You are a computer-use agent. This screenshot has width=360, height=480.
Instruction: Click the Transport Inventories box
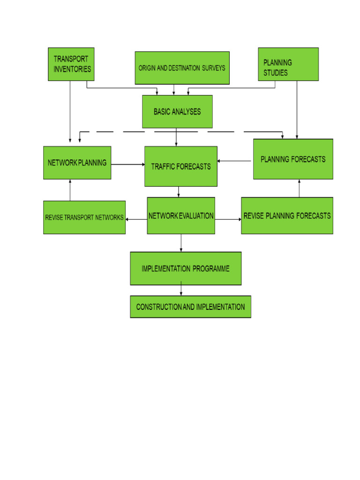[x=71, y=64]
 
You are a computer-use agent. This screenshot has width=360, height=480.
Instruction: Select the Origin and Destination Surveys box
[x=182, y=68]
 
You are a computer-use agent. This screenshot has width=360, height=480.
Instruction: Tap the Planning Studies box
[x=288, y=64]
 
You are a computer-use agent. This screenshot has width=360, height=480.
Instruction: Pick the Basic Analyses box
[x=177, y=112]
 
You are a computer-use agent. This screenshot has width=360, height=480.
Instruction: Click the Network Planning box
[x=77, y=163]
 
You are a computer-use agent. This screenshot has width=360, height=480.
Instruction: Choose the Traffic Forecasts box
[x=181, y=166]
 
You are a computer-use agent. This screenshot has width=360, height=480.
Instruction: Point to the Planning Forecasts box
[x=293, y=159]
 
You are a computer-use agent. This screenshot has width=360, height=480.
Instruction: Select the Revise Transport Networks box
[x=84, y=217]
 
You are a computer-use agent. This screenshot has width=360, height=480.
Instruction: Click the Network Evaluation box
[x=181, y=216]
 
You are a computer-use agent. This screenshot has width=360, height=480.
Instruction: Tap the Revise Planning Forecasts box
[x=287, y=216]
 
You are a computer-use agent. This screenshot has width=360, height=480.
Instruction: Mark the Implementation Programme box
[x=186, y=269]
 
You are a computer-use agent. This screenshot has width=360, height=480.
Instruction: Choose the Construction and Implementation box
[x=190, y=307]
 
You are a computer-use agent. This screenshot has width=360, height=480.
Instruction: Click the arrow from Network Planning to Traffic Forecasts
[x=128, y=165]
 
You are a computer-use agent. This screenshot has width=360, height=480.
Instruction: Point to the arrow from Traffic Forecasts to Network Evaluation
[x=179, y=192]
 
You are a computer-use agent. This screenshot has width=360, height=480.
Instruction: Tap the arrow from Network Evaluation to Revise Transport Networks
[x=136, y=219]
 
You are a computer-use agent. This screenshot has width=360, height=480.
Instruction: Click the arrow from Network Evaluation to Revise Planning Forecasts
[x=228, y=219]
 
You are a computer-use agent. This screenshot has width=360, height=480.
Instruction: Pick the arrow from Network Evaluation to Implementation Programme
[x=181, y=243]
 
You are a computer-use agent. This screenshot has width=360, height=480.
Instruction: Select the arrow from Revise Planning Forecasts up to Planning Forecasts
[x=299, y=188]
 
